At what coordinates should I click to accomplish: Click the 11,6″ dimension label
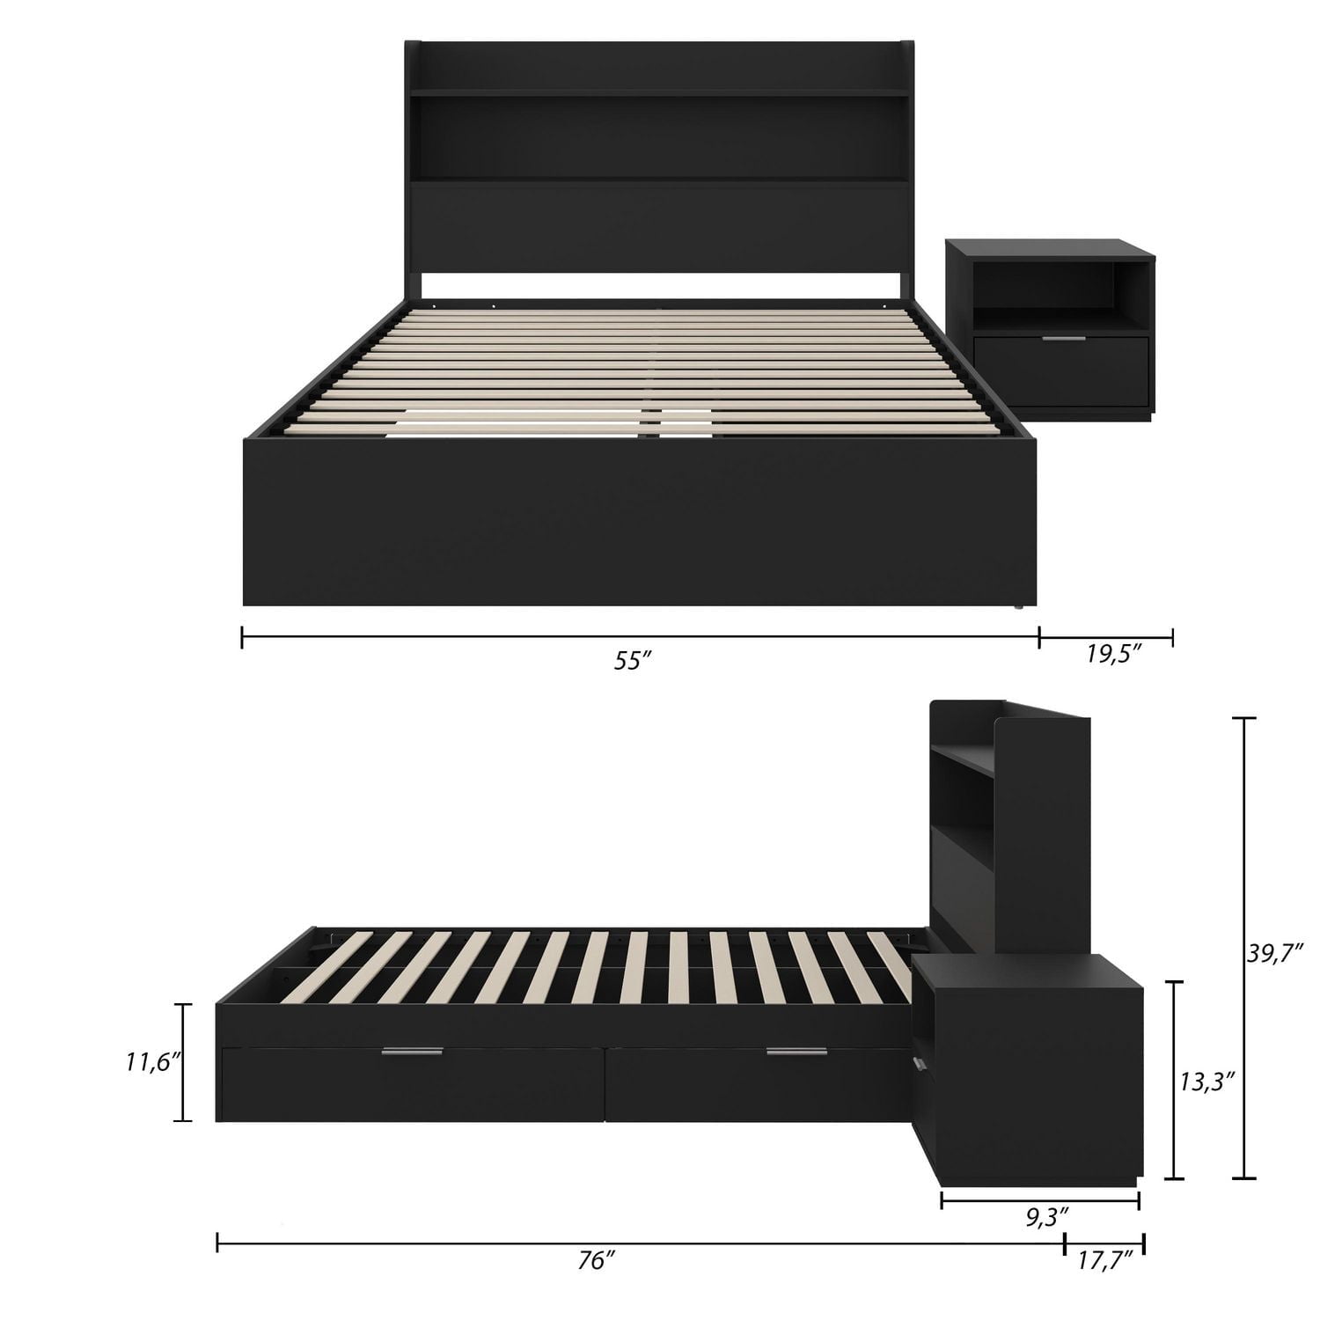coord(152,1062)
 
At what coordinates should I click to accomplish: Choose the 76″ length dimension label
coord(597,1261)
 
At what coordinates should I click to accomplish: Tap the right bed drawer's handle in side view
coord(796,1052)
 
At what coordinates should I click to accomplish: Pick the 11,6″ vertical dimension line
coord(183,1062)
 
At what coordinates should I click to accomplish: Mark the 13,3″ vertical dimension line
coord(1173,1080)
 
